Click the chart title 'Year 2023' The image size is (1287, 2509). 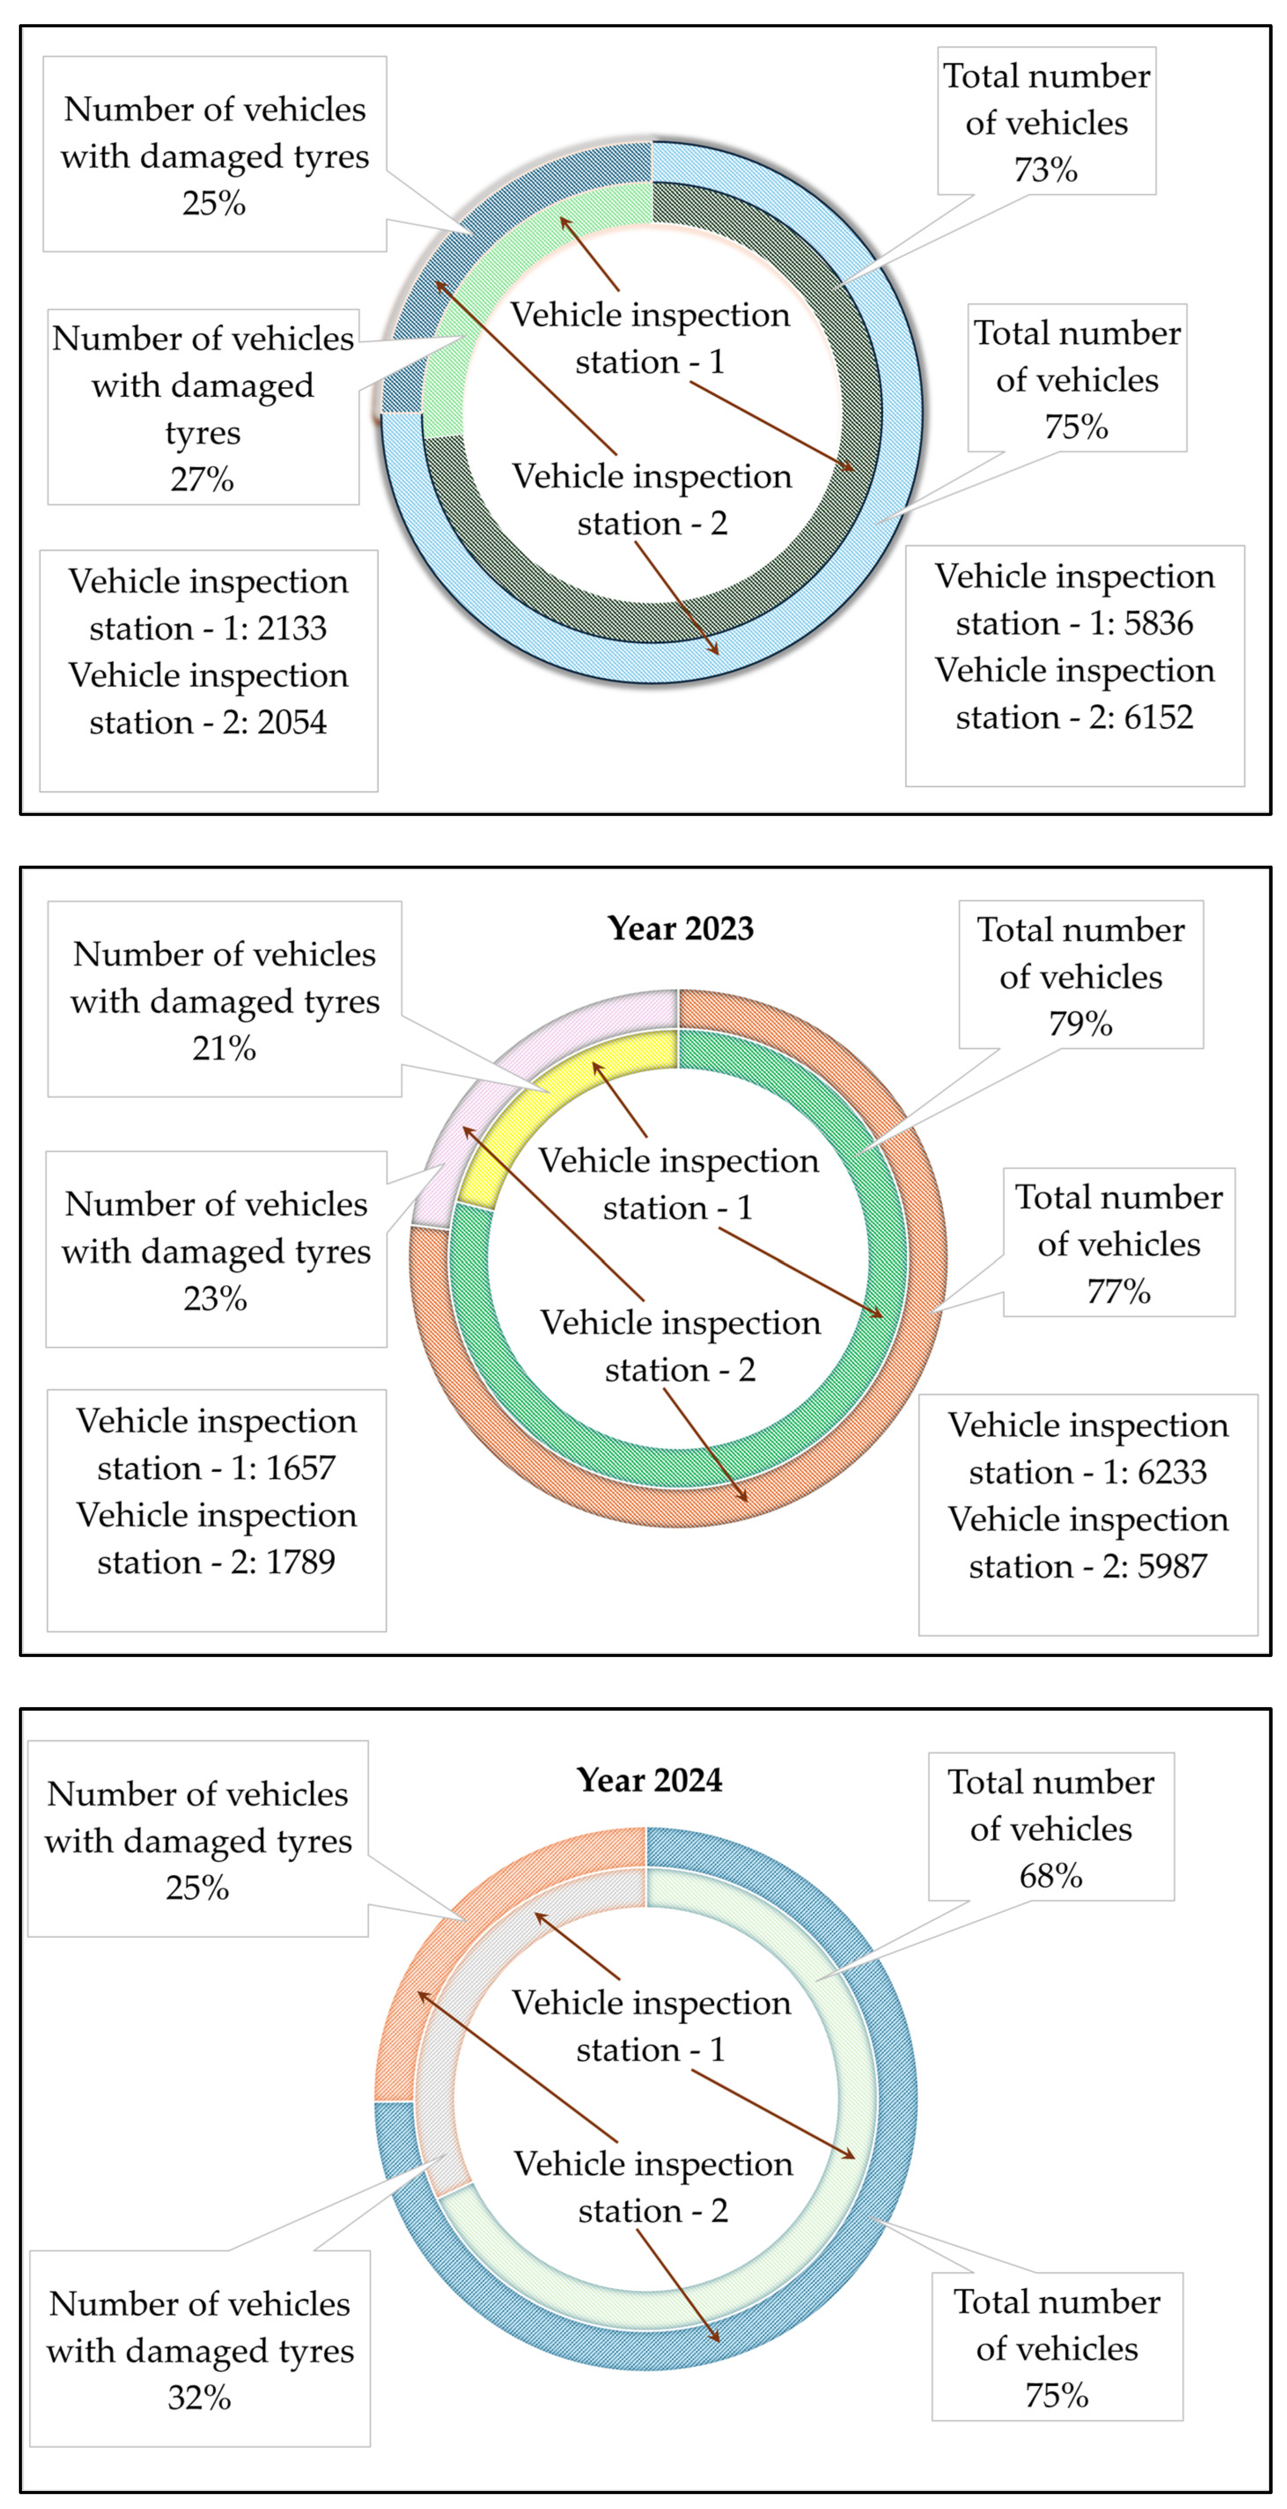pyautogui.click(x=680, y=928)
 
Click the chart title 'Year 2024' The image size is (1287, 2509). pyautogui.click(x=649, y=1779)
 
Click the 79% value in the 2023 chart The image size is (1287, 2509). pyautogui.click(x=1080, y=1024)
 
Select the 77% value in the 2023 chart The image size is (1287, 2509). pyautogui.click(x=1118, y=1291)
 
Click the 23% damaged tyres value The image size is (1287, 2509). pyautogui.click(x=215, y=1298)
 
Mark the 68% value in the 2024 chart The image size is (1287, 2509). pyautogui.click(x=1050, y=1876)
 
